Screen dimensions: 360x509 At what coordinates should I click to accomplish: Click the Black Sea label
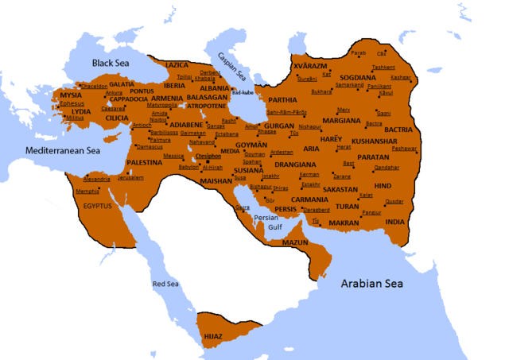tap(115, 62)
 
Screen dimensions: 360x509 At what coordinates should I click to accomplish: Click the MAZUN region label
tap(295, 242)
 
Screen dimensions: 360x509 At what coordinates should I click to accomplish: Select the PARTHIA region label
tap(282, 100)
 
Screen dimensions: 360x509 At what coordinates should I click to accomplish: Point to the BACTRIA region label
tap(398, 129)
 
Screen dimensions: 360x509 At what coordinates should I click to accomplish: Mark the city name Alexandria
tap(97, 179)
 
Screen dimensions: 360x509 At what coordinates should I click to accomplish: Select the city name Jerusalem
tap(131, 177)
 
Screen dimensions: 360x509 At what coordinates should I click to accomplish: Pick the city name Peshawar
tap(404, 149)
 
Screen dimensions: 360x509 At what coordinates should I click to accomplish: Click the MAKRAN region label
tap(344, 223)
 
